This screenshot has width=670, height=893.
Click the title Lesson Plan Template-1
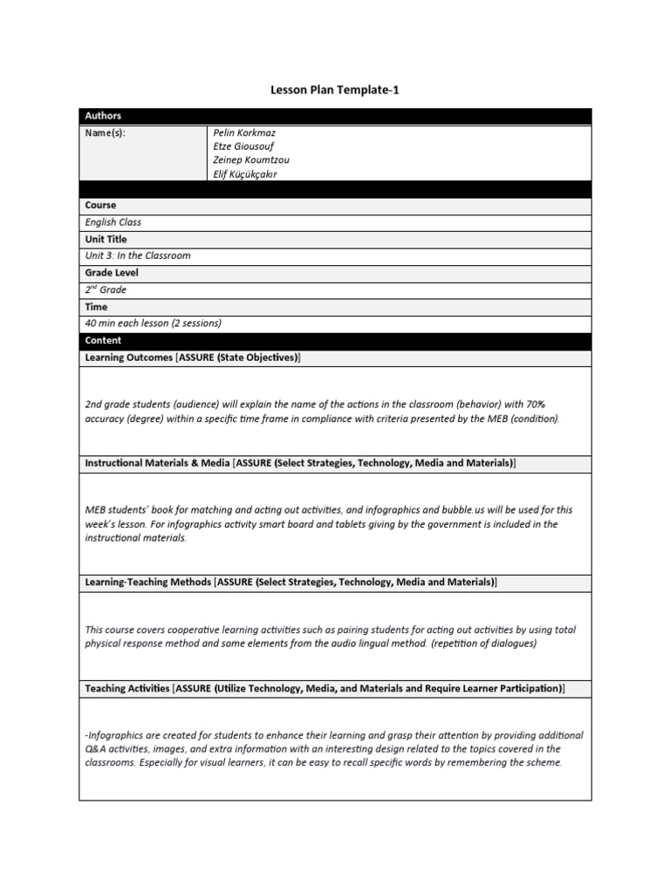click(x=335, y=90)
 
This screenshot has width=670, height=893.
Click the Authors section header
click(x=103, y=116)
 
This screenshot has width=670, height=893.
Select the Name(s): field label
click(x=106, y=133)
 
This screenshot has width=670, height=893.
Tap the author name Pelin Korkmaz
click(x=244, y=133)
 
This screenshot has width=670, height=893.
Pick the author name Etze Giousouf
click(x=243, y=147)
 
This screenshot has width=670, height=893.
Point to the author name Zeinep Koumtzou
click(x=251, y=160)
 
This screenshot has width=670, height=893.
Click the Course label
click(x=100, y=205)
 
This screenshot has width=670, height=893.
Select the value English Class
click(x=113, y=222)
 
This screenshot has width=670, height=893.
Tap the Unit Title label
click(x=106, y=239)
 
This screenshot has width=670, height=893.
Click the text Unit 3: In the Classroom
click(x=137, y=256)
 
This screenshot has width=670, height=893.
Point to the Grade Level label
click(x=111, y=273)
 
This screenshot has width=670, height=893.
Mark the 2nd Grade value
click(x=106, y=290)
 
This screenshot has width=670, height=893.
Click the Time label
click(x=96, y=307)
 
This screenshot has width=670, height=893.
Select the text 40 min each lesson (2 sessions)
click(x=153, y=324)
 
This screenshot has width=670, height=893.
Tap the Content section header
click(x=103, y=341)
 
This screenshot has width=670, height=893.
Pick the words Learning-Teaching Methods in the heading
click(x=147, y=582)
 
